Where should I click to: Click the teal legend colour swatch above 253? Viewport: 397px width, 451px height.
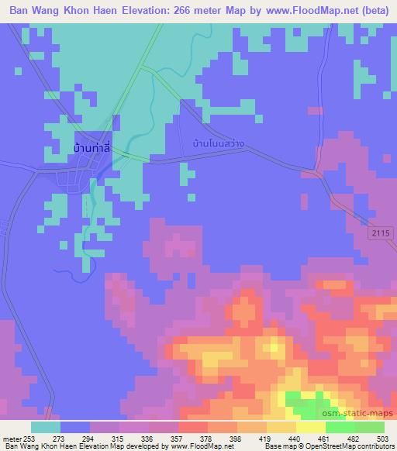[x=45, y=427]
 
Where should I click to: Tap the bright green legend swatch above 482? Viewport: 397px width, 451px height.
[x=340, y=427]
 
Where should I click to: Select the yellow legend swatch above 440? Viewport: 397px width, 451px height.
[x=281, y=427]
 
